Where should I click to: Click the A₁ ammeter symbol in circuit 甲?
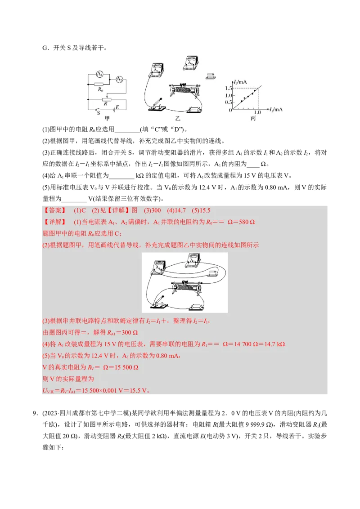pyautogui.click(x=100, y=74)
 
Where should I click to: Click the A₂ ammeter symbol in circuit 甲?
pyautogui.click(x=119, y=80)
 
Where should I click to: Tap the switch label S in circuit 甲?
pyautogui.click(x=98, y=113)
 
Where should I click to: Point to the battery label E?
pyautogui.click(x=117, y=107)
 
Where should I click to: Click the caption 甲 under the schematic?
pyautogui.click(x=107, y=118)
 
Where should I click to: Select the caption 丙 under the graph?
pyautogui.click(x=253, y=118)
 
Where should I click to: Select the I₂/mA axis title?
pyautogui.click(x=240, y=81)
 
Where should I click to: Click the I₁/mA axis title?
pyautogui.click(x=275, y=110)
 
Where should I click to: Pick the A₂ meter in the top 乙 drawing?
pyautogui.click(x=192, y=63)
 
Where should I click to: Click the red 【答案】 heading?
pyautogui.click(x=54, y=210)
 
